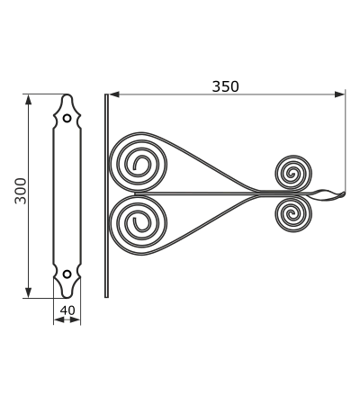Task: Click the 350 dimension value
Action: click(x=226, y=86)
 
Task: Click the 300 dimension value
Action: click(x=21, y=191)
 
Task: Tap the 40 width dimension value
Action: click(x=67, y=310)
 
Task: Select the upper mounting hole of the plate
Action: click(x=67, y=118)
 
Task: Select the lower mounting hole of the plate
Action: click(x=67, y=274)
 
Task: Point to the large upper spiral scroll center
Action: click(x=137, y=165)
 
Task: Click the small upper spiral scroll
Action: click(x=293, y=173)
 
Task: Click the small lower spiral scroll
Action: click(x=293, y=214)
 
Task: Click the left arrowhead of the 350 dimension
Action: click(x=114, y=94)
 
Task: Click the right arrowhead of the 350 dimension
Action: click(x=340, y=94)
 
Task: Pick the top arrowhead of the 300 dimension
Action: click(x=28, y=100)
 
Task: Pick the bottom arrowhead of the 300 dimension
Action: click(x=28, y=292)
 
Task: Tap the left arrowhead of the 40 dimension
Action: click(x=59, y=320)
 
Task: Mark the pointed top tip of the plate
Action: click(x=67, y=94)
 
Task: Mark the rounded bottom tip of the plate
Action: click(x=67, y=297)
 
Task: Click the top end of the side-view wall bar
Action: click(x=106, y=94)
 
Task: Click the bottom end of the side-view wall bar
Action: click(x=106, y=297)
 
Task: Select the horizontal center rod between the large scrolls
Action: click(x=196, y=193)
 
